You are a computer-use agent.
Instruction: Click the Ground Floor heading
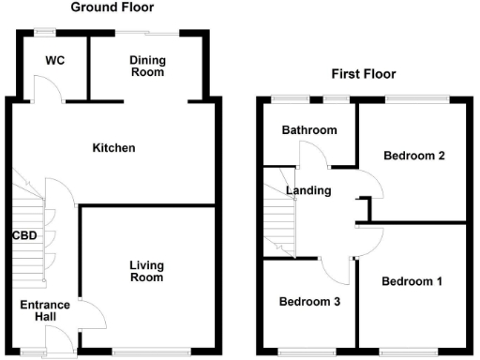pyautogui.click(x=112, y=7)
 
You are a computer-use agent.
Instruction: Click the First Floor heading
pyautogui.click(x=364, y=74)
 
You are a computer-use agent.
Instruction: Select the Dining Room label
pyautogui.click(x=146, y=66)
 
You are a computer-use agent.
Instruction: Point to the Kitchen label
pyautogui.click(x=114, y=148)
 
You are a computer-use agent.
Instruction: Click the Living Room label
pyautogui.click(x=145, y=271)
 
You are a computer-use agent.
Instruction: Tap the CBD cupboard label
pyautogui.click(x=24, y=235)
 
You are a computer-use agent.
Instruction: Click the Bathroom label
pyautogui.click(x=309, y=130)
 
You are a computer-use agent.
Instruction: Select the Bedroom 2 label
pyautogui.click(x=413, y=157)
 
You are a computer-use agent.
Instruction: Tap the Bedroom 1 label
pyautogui.click(x=412, y=280)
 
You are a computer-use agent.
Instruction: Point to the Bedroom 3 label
pyautogui.click(x=310, y=302)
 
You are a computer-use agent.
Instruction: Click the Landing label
pyautogui.click(x=309, y=190)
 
